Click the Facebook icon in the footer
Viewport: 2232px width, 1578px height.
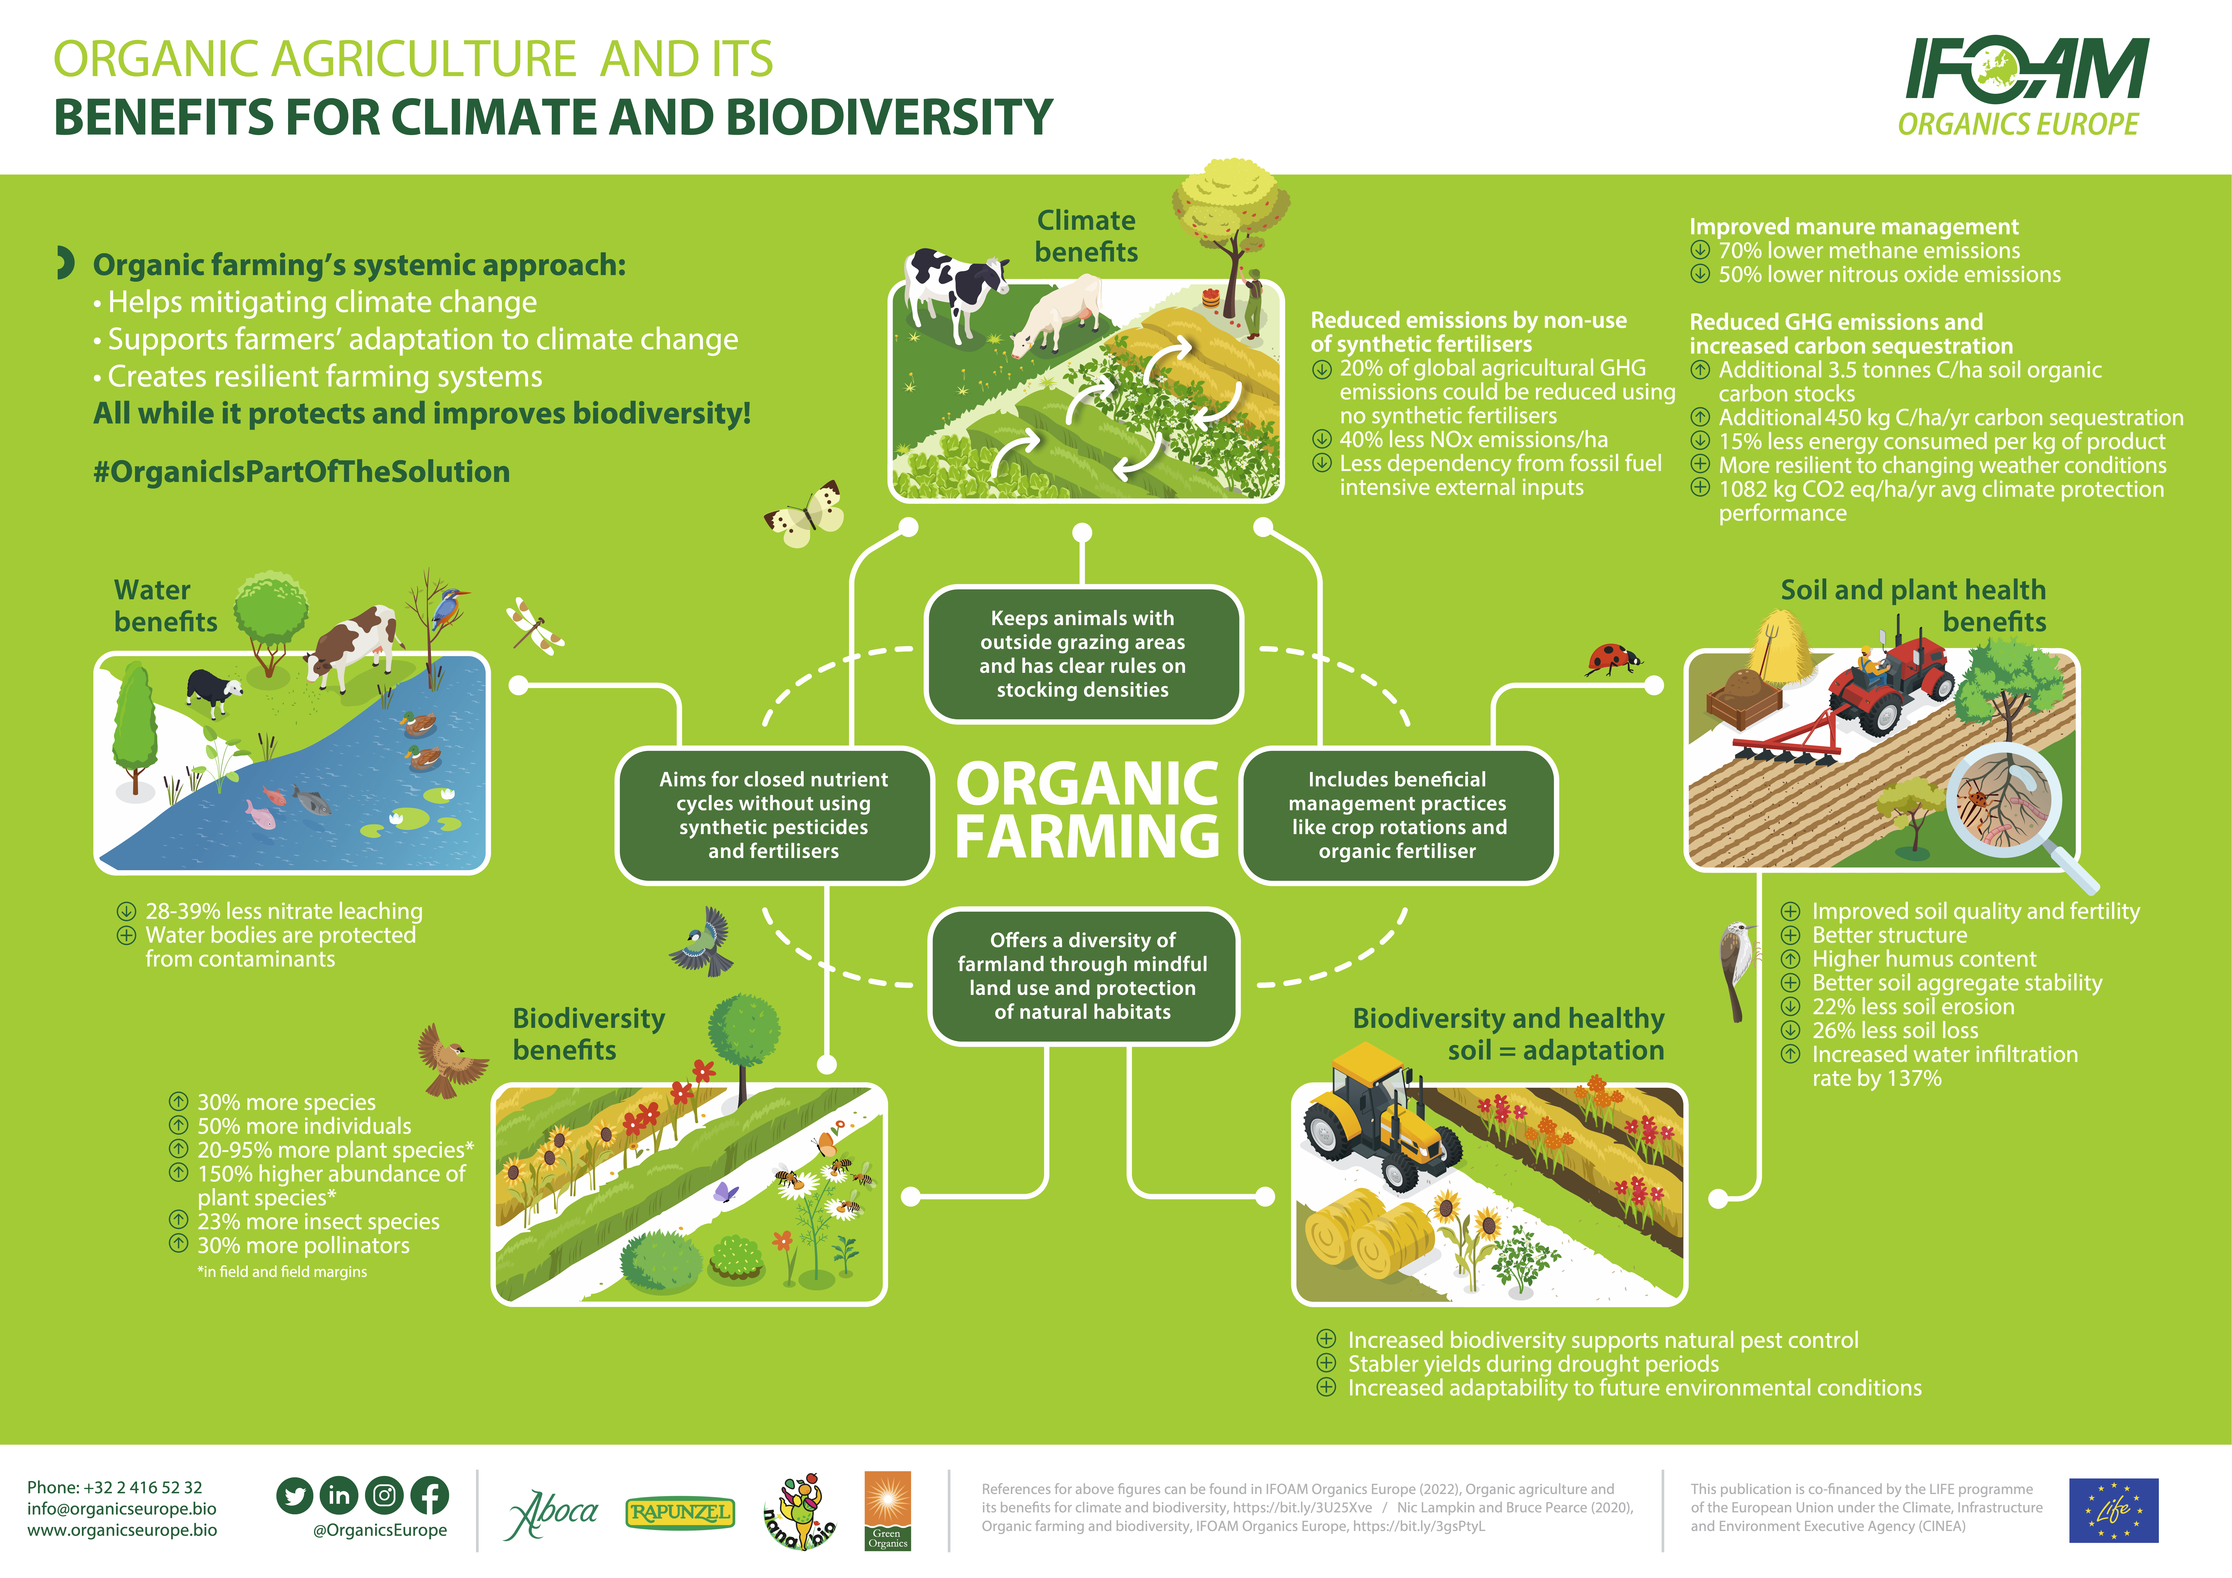click(429, 1495)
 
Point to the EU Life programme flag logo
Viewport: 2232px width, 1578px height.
click(2113, 1510)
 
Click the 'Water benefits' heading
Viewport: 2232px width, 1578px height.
click(165, 606)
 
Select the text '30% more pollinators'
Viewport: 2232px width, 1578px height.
click(303, 1245)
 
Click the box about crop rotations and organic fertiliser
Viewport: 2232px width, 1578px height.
click(1398, 816)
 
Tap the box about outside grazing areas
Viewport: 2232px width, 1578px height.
click(1083, 654)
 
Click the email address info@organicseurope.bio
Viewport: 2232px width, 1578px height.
click(121, 1509)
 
